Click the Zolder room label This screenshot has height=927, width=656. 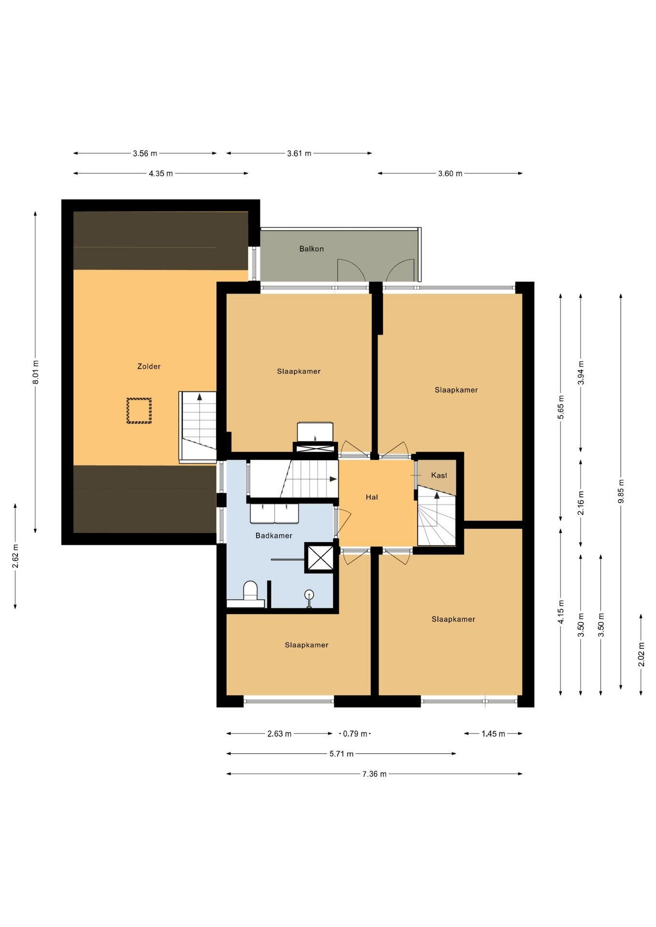149,366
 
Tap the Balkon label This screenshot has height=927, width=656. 312,249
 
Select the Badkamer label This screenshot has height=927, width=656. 274,535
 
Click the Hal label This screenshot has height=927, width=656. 372,497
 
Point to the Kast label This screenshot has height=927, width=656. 439,476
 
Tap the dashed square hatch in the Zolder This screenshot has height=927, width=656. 139,410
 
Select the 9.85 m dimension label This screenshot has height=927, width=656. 621,491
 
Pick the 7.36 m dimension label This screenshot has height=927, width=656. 374,774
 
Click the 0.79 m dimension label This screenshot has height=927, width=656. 355,734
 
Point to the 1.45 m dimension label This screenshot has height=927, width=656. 493,734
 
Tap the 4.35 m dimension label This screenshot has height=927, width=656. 161,173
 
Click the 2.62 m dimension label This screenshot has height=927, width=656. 15,556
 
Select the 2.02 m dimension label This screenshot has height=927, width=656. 641,655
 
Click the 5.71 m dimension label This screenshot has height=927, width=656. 342,754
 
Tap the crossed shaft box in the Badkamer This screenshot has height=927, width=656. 319,558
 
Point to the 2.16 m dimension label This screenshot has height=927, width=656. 581,503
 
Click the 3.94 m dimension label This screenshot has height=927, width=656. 581,372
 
